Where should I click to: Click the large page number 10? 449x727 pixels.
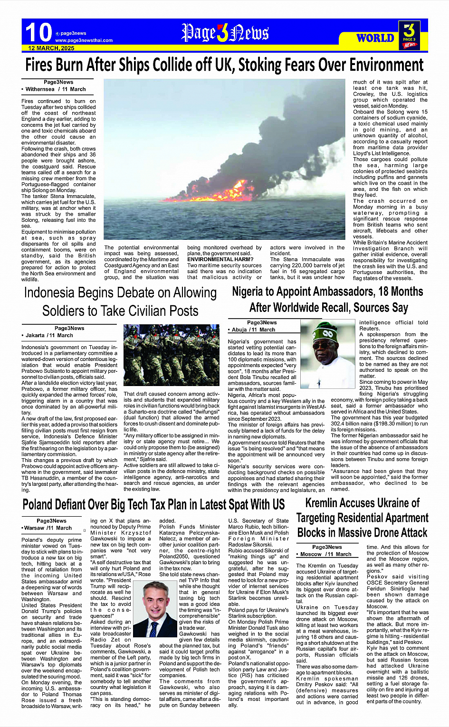coord(38,32)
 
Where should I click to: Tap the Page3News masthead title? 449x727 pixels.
coord(225,33)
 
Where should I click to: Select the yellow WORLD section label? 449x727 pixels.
coord(375,38)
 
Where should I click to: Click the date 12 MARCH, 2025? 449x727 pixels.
coord(51,48)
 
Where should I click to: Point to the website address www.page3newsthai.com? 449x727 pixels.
coord(84,40)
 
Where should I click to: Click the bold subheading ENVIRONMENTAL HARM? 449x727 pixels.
coord(220,259)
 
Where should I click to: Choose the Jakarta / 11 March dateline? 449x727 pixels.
coord(49,335)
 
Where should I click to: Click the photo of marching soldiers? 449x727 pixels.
coord(171,356)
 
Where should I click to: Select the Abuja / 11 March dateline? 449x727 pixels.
coord(253,330)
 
